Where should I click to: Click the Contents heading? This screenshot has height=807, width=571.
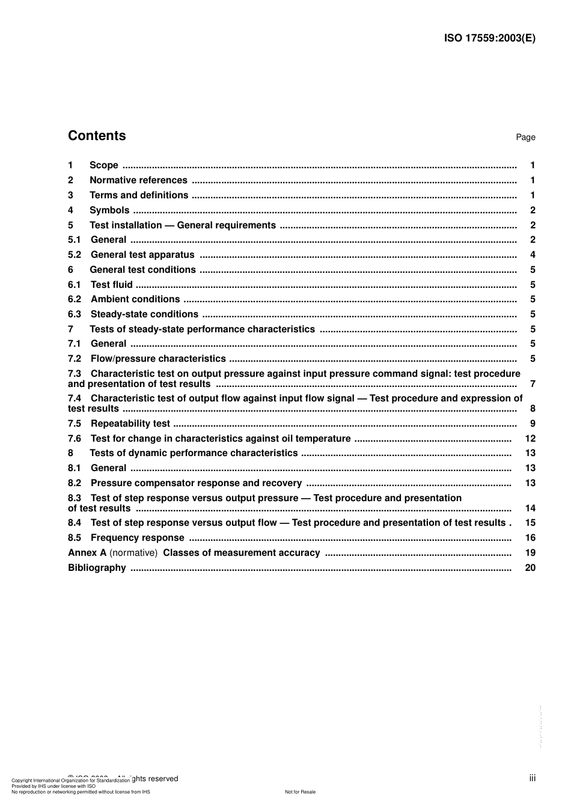tap(97, 136)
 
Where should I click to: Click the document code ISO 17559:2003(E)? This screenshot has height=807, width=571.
tap(489, 38)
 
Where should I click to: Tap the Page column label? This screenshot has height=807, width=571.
tap(525, 138)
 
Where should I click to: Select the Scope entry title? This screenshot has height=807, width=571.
tap(104, 165)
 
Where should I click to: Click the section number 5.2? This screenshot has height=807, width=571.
tap(75, 255)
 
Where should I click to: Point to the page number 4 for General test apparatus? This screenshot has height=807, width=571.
tap(533, 255)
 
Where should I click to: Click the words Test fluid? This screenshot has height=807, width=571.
tap(112, 285)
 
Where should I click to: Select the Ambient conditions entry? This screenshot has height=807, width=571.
tap(135, 299)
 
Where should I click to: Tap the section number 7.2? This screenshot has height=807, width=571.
tap(75, 359)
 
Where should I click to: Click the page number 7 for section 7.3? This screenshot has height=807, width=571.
tap(533, 384)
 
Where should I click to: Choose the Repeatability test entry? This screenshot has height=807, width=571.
tap(130, 424)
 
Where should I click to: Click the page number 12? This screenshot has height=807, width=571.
tap(530, 439)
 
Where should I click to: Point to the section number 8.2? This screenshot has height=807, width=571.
tap(75, 483)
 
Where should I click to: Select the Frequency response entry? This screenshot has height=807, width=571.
tap(138, 538)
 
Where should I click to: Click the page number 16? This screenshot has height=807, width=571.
tap(530, 538)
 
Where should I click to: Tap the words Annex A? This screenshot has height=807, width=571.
tap(87, 553)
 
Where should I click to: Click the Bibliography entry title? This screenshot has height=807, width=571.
tap(97, 568)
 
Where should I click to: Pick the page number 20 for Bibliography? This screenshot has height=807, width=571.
tap(530, 568)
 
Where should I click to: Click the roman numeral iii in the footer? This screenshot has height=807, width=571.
tap(533, 778)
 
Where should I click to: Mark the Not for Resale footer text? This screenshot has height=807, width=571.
tap(300, 792)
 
